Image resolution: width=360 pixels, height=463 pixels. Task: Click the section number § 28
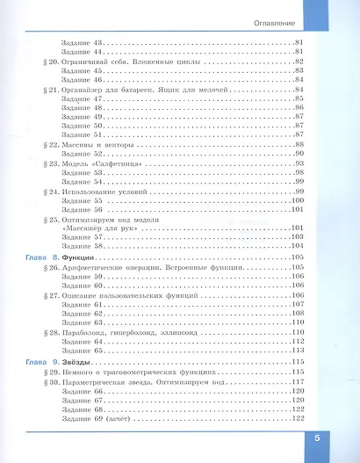(x=48, y=333)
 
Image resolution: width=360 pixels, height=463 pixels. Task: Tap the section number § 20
(x=48, y=61)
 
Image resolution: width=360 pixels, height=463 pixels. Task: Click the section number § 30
(x=48, y=381)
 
